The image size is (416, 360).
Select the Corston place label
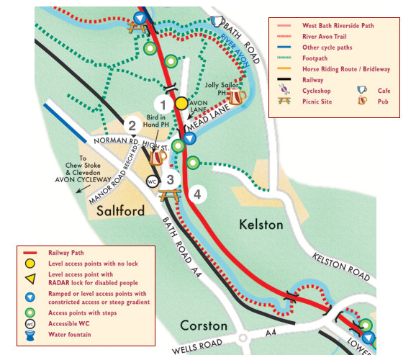[204, 325]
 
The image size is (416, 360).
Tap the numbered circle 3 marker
[170, 181]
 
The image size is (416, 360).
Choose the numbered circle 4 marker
[198, 193]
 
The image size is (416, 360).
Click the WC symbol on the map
[153, 181]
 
